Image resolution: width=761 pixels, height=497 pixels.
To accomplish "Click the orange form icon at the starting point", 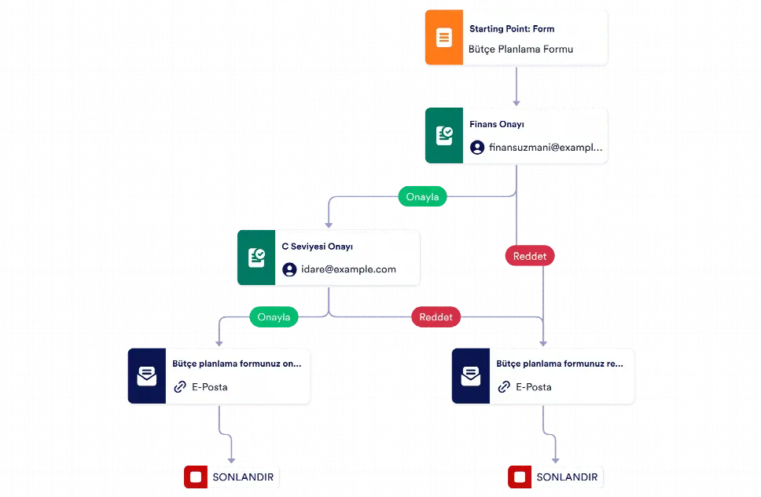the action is (444, 38).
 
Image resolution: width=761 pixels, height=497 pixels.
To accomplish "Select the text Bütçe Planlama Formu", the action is (520, 49).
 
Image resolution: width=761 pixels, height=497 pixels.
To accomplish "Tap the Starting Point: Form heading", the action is (512, 28).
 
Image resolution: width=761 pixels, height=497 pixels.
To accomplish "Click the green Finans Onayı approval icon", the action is (444, 135).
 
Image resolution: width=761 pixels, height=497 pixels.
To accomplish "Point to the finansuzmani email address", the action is (546, 147).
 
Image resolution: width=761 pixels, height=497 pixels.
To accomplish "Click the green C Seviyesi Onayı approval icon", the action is (256, 258).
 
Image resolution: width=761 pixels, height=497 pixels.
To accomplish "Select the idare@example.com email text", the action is (348, 269).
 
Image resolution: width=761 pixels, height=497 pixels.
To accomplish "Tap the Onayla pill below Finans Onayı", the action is (422, 196).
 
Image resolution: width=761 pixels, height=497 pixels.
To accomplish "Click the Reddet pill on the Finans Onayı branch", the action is (530, 256).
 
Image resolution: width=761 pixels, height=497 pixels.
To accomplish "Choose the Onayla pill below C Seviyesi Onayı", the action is (274, 317).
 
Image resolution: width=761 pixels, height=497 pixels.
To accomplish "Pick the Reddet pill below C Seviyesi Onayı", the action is (436, 317).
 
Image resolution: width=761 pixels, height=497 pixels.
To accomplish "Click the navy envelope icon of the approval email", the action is (146, 376).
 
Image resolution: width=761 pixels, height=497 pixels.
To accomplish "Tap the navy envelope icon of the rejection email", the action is (471, 376).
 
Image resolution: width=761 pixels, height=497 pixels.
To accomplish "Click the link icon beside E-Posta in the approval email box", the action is (180, 386).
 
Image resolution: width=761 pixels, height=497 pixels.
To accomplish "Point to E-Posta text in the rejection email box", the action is (533, 387).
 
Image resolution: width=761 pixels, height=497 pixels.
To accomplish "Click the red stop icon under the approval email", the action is (196, 477).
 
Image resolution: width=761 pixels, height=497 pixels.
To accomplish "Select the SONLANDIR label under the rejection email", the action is (567, 477).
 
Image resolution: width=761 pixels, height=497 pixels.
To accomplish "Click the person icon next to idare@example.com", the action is (289, 269).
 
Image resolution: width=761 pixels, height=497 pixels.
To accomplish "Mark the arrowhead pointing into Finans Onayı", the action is (517, 103).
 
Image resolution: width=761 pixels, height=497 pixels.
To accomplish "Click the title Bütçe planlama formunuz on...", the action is (237, 364).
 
